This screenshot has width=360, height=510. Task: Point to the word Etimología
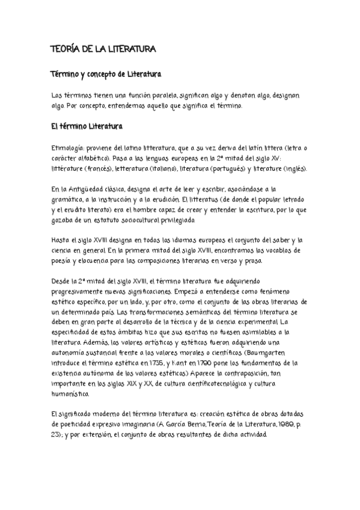(69, 148)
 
